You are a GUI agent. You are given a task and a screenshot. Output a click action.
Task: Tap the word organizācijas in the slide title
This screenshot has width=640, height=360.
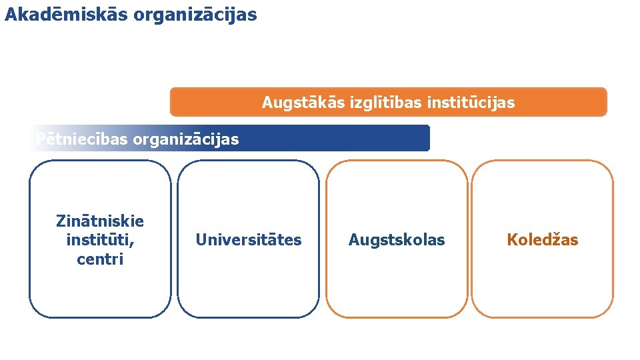point(195,15)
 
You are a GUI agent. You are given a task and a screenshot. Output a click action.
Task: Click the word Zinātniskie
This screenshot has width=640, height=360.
point(100,221)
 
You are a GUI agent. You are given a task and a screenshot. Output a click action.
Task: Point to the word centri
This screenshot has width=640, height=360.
point(100,259)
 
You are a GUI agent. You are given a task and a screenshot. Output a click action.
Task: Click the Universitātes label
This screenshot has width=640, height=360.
point(248,240)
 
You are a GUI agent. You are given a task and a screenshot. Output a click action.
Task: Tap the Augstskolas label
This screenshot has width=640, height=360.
point(397,240)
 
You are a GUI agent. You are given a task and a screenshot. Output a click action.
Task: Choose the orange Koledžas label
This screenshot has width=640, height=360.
point(543,240)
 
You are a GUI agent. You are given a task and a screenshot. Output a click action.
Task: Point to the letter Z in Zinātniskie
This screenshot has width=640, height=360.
point(61,221)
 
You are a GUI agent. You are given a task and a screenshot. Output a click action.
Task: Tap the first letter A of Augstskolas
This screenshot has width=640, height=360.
point(353,240)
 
